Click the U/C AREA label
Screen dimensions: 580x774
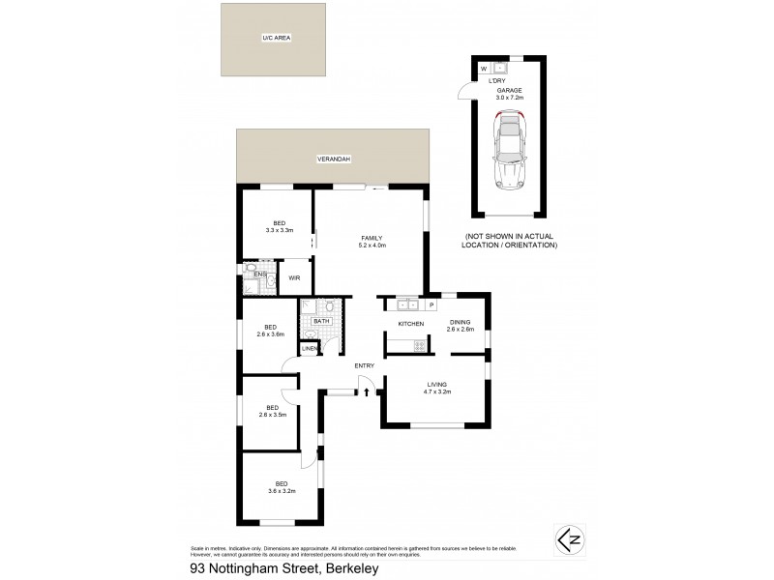[276, 39]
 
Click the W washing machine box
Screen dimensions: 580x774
[485, 69]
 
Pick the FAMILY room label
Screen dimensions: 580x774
[372, 242]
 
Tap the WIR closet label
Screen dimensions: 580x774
[294, 277]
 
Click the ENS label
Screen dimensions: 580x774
[259, 275]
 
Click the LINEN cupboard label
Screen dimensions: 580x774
[311, 348]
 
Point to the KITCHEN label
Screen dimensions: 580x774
[411, 323]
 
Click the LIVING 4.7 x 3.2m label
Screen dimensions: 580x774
[435, 390]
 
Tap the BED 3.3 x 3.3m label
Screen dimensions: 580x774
[279, 226]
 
